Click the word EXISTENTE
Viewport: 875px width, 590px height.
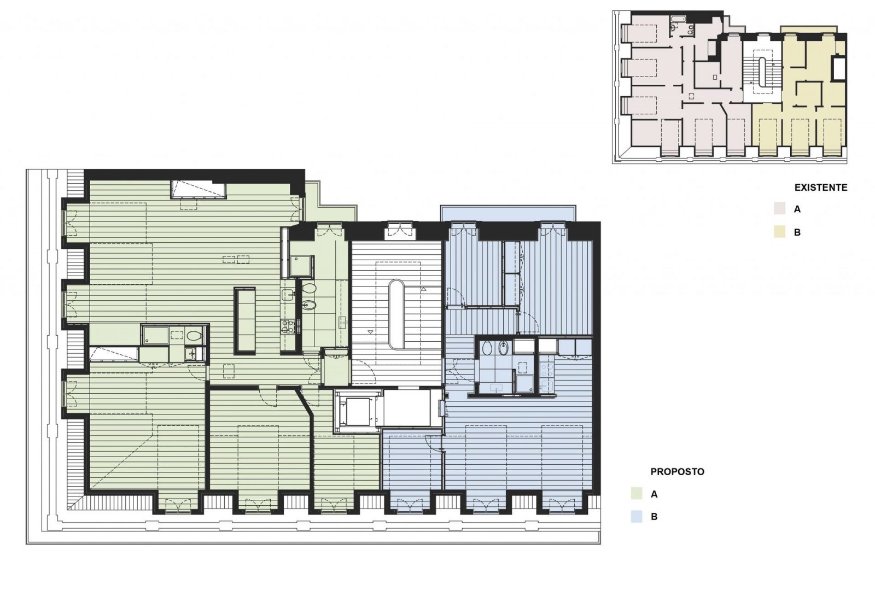(x=820, y=188)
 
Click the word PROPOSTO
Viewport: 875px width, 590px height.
(x=677, y=471)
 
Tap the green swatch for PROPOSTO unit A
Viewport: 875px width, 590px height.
(x=636, y=494)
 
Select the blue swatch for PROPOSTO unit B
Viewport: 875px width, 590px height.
(x=636, y=517)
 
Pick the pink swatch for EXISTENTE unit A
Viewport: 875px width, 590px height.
(x=779, y=209)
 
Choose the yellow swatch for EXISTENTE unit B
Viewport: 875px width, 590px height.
(x=779, y=232)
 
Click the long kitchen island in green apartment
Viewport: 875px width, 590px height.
(x=244, y=320)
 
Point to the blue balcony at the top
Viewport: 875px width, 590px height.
(x=507, y=213)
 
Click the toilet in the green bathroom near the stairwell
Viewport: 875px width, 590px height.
(x=309, y=288)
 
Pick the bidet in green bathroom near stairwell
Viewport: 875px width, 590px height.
(x=308, y=305)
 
